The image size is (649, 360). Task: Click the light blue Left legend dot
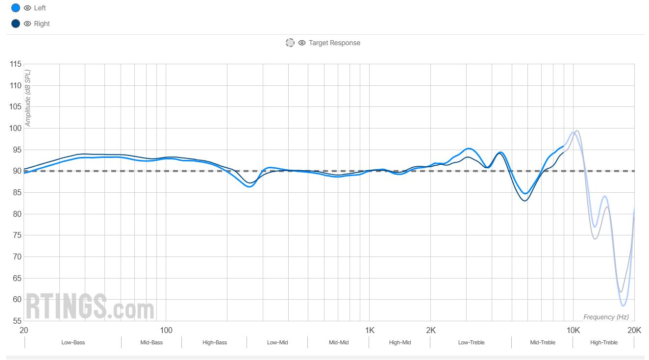click(x=16, y=8)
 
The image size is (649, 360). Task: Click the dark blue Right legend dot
click(x=16, y=24)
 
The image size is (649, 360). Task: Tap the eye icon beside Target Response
click(x=302, y=43)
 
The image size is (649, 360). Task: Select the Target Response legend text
click(x=334, y=43)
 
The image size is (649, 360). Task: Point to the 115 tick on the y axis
click(x=15, y=64)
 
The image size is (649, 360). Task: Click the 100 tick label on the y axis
click(x=15, y=129)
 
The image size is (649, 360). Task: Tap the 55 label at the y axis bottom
click(x=17, y=321)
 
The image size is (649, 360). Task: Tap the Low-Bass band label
click(x=73, y=342)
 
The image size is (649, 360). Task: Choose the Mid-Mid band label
click(x=339, y=342)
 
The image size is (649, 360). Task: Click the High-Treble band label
click(x=603, y=342)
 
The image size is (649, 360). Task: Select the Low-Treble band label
click(x=471, y=342)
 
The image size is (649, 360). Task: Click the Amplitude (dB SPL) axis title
click(x=28, y=98)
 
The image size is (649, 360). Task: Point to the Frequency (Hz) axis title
click(x=606, y=317)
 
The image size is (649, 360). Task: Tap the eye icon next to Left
click(x=27, y=8)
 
